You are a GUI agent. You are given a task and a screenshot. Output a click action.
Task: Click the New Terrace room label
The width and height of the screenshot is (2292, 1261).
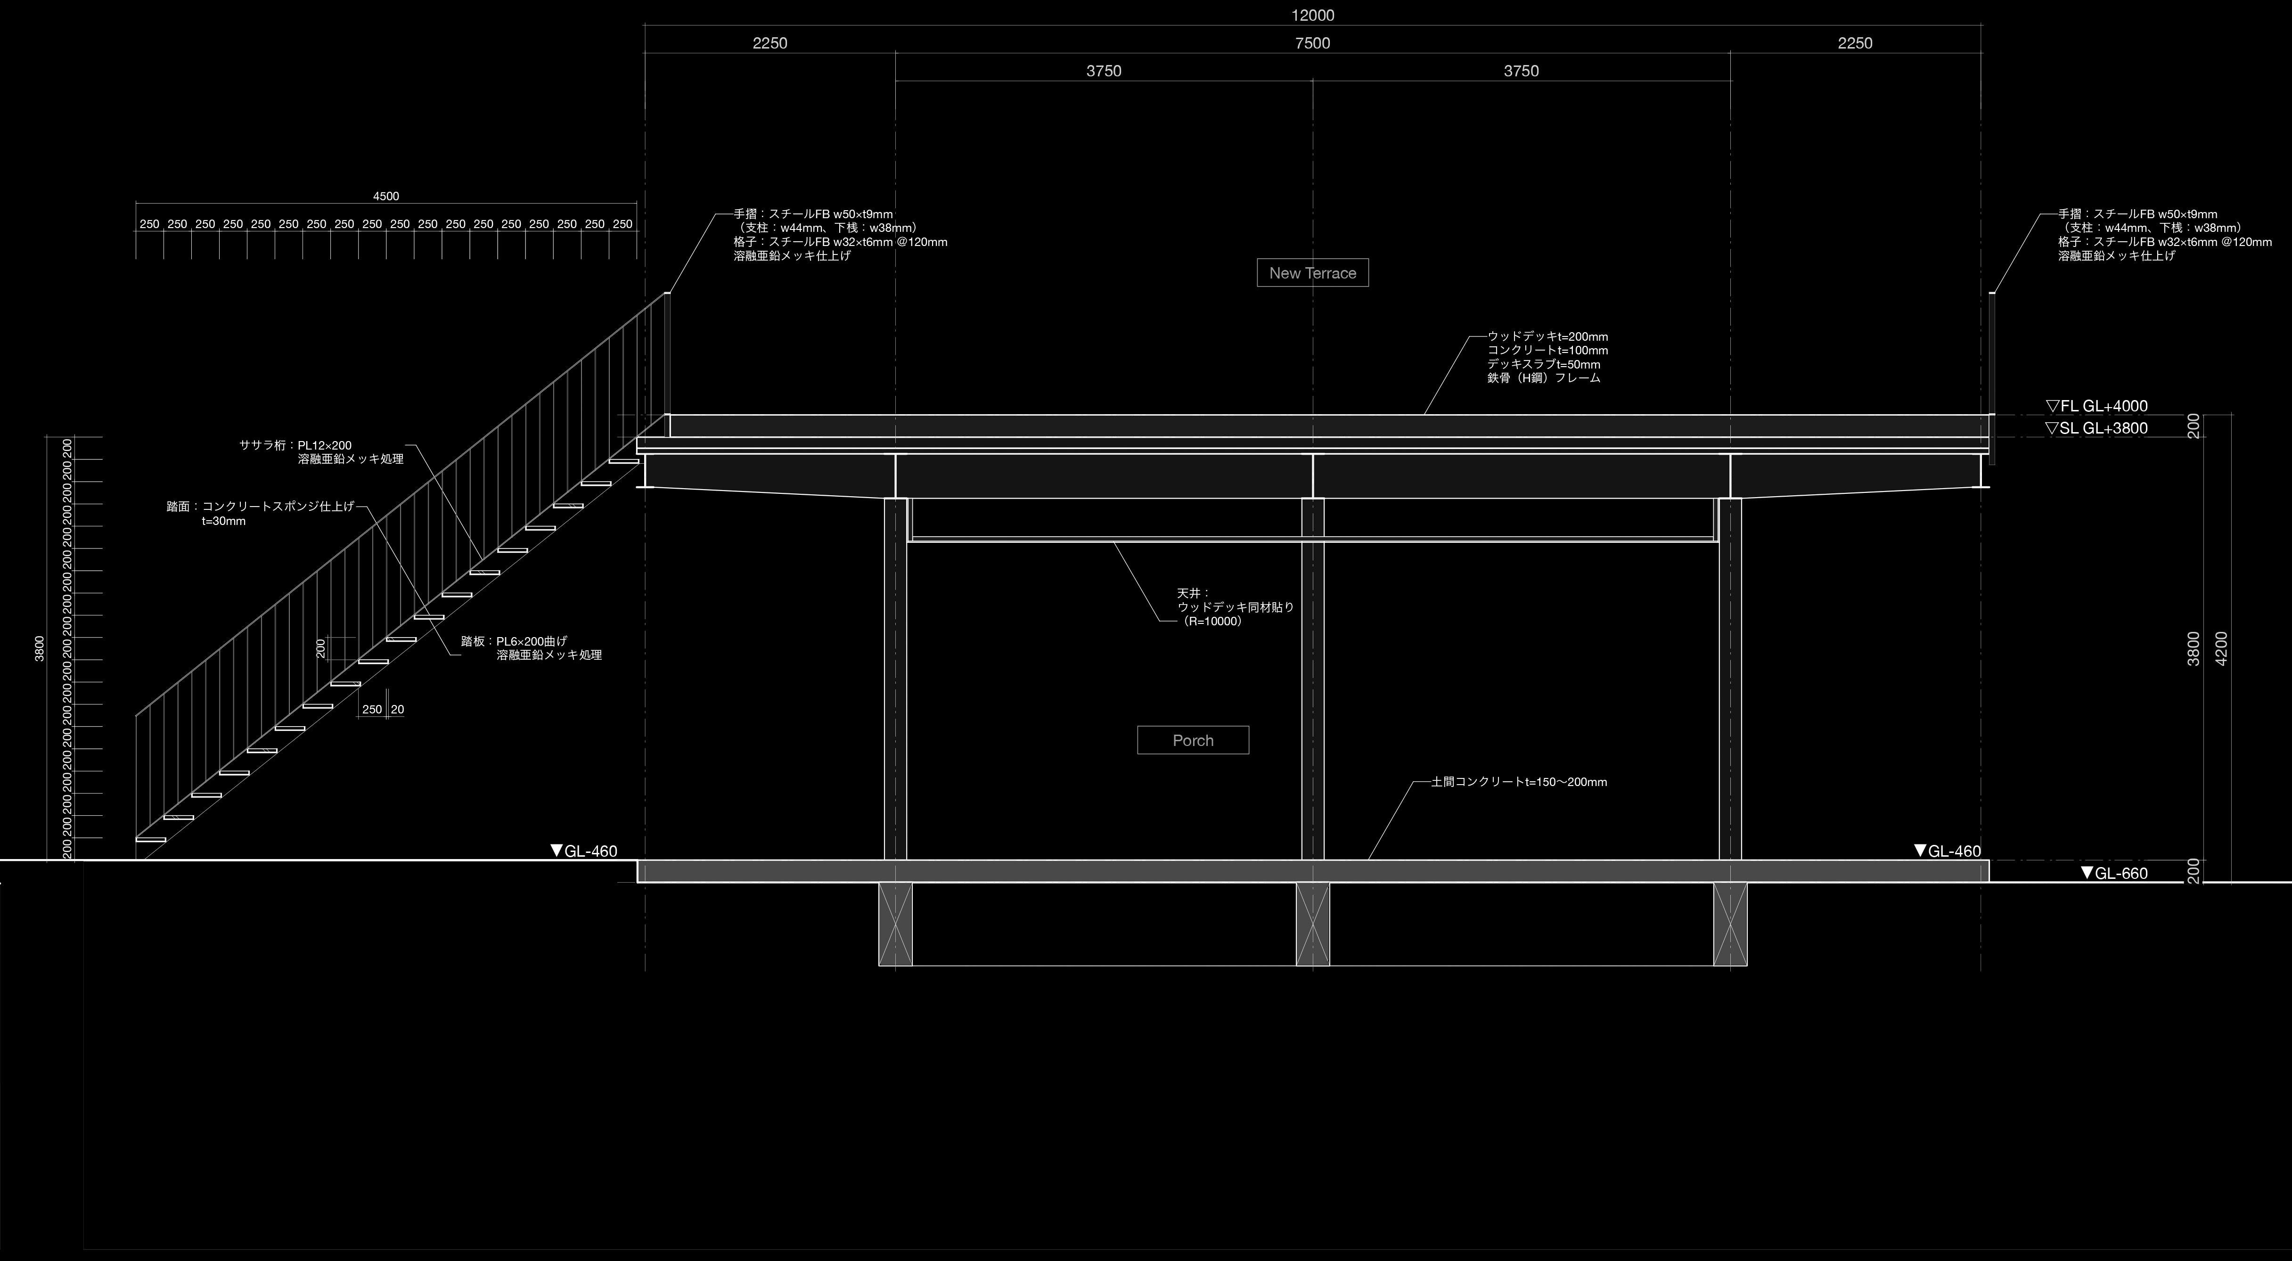click(1312, 273)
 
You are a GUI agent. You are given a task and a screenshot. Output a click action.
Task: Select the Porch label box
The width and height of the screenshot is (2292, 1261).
click(1192, 740)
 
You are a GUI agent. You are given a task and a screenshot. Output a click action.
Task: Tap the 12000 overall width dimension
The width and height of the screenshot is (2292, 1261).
click(1312, 15)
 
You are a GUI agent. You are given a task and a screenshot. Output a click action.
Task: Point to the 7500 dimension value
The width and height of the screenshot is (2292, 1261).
click(1312, 43)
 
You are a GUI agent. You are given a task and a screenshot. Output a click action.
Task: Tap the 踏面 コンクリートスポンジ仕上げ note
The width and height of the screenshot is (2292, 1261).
click(260, 507)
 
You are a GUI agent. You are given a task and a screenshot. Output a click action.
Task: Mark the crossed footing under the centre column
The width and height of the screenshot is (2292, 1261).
click(1312, 924)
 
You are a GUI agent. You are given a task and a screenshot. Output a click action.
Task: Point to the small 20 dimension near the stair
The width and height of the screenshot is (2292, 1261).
click(397, 709)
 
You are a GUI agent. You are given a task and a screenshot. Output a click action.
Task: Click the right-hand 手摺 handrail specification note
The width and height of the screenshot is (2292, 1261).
click(2163, 235)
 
